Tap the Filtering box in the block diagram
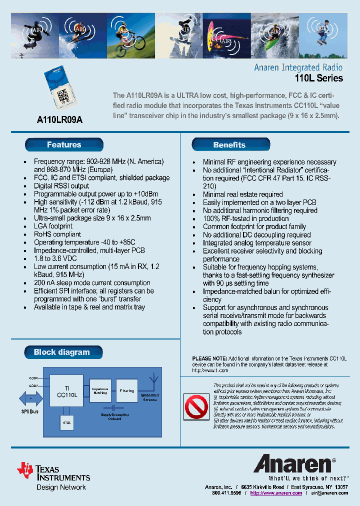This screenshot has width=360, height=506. point(126,390)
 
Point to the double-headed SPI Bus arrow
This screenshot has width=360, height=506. point(30,398)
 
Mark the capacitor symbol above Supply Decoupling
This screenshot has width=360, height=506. point(115,408)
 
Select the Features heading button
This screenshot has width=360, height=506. point(64,145)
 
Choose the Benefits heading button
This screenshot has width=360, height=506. point(230,145)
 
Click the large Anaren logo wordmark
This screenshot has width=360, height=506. point(293,464)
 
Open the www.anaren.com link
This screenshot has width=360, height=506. point(276,493)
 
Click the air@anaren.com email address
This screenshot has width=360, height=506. point(329,493)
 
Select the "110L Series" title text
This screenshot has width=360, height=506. point(318,78)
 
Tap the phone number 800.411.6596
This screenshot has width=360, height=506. point(226,493)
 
